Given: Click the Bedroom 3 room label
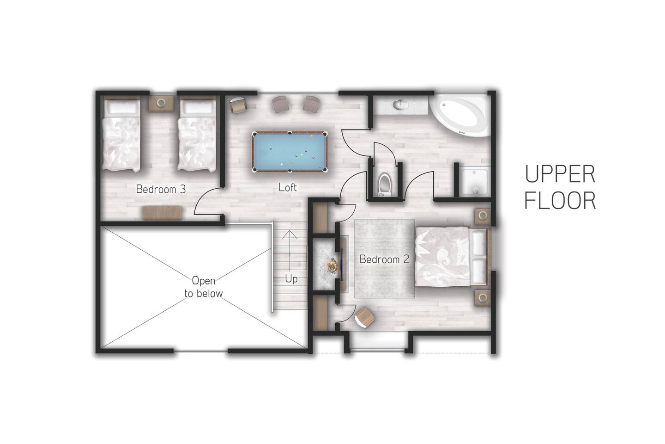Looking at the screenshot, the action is coord(161,189).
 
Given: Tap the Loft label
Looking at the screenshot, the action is coord(287,187).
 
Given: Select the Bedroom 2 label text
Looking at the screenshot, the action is coord(384,259).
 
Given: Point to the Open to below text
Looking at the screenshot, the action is coord(203,287).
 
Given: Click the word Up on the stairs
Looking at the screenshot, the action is coord(291,279).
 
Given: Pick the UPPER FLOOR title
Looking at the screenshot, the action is coord(560,187).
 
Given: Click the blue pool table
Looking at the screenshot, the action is coord(290,152).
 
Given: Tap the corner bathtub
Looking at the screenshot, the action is coord(459,115).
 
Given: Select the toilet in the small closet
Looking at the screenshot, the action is coord(384,185).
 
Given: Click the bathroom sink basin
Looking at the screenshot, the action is coord(400,105).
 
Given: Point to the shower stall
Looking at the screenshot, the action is coord(474,181).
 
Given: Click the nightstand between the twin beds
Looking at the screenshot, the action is coord(161,103).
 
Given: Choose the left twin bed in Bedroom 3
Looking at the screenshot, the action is coord(121,136).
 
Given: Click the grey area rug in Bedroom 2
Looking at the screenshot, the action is coord(384,259).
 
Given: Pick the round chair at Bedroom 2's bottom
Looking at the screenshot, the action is coord(365,318).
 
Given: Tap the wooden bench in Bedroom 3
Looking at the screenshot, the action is coord(162,213).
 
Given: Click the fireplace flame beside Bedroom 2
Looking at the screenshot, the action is coord(331,265).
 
